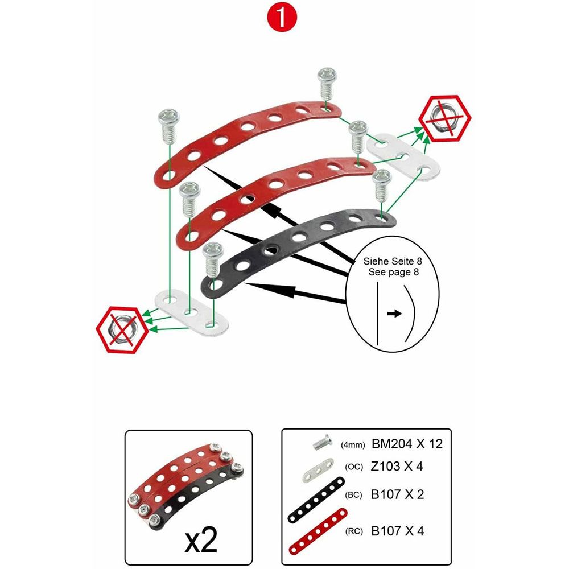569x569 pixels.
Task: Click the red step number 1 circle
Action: click(x=282, y=17)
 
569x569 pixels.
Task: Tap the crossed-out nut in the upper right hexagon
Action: click(x=444, y=118)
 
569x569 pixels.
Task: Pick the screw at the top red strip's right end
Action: click(x=327, y=84)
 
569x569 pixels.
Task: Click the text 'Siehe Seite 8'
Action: click(x=393, y=261)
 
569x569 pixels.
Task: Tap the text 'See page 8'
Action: click(x=393, y=272)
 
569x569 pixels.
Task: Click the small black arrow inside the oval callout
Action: click(x=394, y=314)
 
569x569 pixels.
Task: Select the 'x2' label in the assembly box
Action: click(x=201, y=539)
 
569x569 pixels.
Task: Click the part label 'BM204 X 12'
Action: click(x=407, y=444)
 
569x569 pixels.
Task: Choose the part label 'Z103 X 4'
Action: click(x=397, y=467)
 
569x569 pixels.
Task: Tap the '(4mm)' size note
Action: click(x=353, y=445)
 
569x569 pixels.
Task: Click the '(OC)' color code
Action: click(x=354, y=467)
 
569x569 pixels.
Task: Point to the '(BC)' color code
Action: click(x=353, y=495)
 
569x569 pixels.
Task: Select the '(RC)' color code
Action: click(x=354, y=531)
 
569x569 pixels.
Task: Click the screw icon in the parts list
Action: click(x=322, y=442)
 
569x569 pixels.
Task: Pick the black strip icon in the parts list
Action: click(x=316, y=500)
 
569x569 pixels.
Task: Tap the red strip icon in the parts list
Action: click(x=318, y=531)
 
